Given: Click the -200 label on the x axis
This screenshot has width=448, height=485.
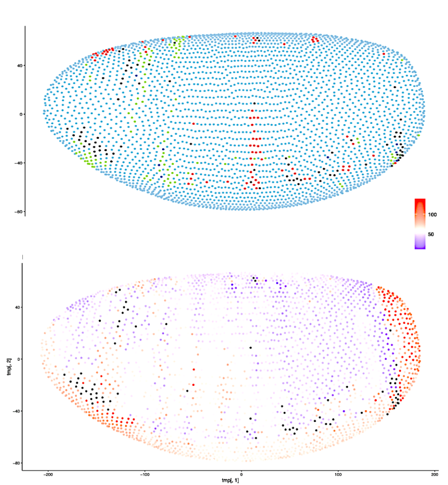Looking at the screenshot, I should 48,474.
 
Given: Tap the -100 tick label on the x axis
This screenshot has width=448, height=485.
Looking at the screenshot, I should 145,474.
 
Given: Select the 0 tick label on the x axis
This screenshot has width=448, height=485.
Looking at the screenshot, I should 242,474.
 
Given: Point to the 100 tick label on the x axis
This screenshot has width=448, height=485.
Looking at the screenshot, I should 338,474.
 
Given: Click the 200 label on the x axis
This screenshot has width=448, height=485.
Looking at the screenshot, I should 435,474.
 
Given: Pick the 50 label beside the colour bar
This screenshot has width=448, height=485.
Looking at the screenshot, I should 431,234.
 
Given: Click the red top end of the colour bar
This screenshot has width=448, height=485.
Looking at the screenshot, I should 420,201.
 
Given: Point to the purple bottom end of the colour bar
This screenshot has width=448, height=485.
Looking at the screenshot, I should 420,246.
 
